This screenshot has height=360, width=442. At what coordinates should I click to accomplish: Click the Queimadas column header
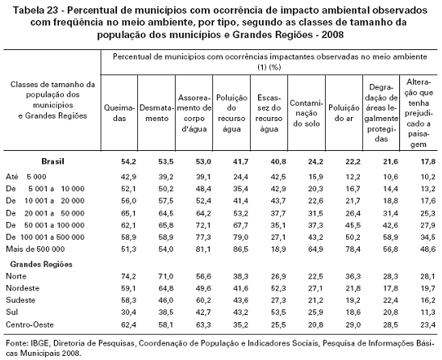click(119, 113)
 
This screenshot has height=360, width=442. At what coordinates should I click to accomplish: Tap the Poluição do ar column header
click(344, 113)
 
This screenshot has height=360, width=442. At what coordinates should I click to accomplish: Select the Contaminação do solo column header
click(306, 113)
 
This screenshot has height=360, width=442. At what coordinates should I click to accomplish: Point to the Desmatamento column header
click(156, 113)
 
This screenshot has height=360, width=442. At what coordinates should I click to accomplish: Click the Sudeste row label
click(21, 300)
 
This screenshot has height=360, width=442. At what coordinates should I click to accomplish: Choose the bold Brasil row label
click(52, 161)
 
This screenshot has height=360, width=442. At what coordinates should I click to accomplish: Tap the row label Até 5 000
click(26, 177)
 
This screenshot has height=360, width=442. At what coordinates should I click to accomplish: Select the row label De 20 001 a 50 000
click(45, 213)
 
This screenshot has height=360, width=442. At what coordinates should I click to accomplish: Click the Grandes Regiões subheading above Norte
click(41, 265)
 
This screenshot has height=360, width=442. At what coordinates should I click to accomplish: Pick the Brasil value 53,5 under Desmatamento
click(166, 161)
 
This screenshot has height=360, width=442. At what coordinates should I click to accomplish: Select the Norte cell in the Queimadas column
click(128, 276)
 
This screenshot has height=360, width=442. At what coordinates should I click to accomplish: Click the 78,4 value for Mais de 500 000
click(352, 249)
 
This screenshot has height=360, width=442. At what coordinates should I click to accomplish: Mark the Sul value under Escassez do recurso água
click(278, 312)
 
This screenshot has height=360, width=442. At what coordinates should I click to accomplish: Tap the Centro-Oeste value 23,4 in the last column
click(428, 324)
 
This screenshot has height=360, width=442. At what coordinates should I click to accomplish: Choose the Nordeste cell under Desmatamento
click(166, 288)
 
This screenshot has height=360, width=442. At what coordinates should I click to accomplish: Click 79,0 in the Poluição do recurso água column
click(240, 237)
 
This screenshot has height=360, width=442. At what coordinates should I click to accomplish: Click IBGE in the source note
click(40, 343)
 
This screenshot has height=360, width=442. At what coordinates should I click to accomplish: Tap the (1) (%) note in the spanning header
click(269, 68)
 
